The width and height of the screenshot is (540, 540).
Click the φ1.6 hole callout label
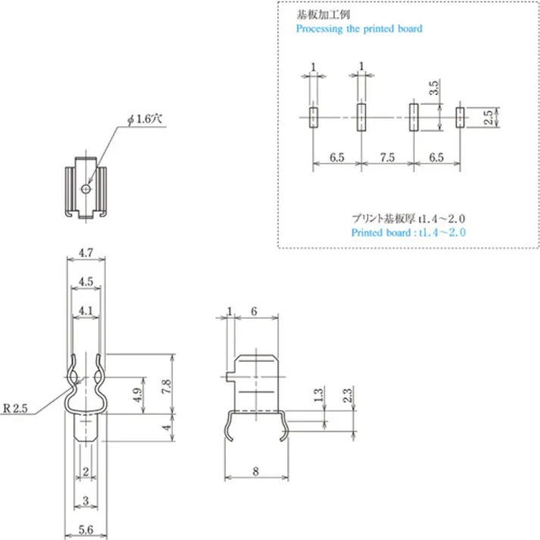pos(145,120)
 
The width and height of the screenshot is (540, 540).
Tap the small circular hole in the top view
pos(86,189)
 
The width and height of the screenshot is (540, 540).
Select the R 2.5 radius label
pos(15,408)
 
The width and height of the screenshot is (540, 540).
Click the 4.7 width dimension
pos(86,253)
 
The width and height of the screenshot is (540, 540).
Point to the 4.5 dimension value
pos(86,282)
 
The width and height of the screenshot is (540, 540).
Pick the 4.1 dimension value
pos(86,311)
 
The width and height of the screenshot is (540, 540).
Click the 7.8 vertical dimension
pos(166,386)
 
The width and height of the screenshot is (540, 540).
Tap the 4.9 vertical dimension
pos(137,395)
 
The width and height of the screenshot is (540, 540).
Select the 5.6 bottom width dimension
pos(86,529)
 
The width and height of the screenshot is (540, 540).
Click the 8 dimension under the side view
pos(255,471)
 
